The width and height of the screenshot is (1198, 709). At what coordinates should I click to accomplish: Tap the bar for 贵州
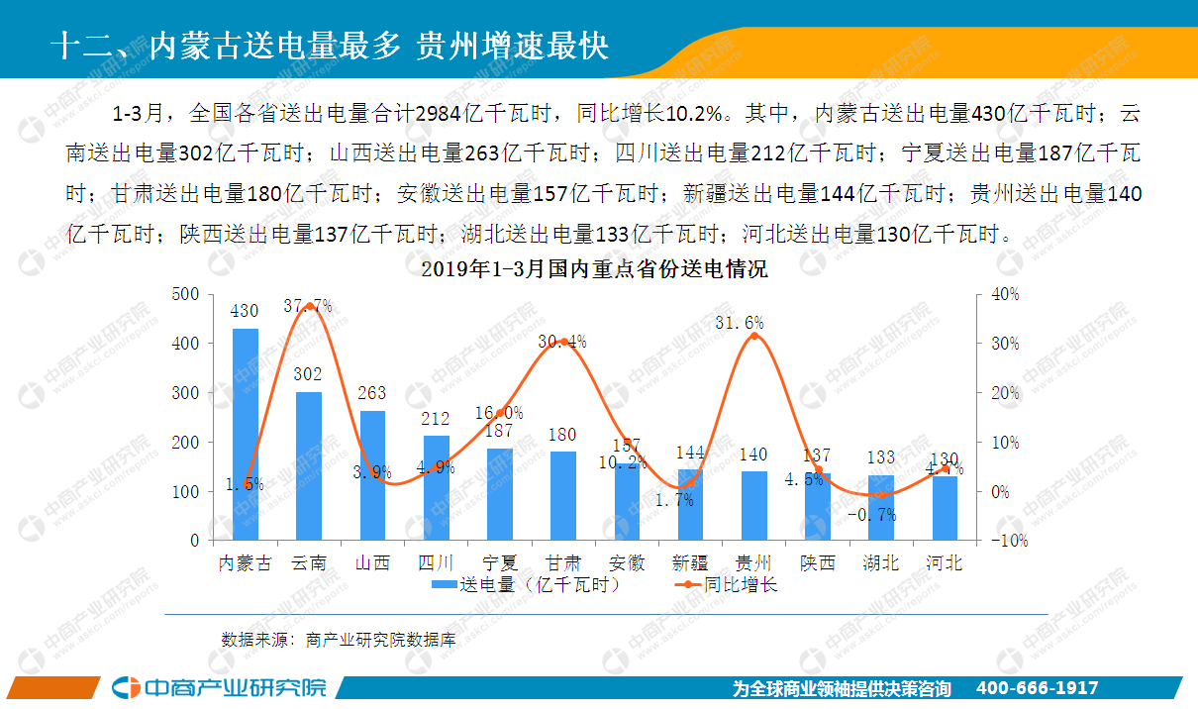753,505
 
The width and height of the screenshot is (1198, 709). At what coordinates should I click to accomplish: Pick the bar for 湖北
881,507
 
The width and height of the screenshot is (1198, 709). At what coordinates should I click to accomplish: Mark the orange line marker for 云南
309,306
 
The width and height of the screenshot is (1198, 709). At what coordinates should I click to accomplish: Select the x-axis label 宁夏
499,563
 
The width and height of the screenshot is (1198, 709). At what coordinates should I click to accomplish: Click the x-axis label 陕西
818,563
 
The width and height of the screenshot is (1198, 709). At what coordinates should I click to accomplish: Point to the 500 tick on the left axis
185,294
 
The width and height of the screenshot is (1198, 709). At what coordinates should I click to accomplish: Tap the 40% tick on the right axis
1005,294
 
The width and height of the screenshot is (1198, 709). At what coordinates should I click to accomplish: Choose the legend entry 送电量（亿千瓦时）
526,584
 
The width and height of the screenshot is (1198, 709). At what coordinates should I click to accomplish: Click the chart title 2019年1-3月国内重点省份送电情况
594,268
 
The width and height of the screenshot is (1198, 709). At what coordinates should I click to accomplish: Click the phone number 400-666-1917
1037,688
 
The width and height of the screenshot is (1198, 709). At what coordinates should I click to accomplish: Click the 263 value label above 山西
372,392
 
